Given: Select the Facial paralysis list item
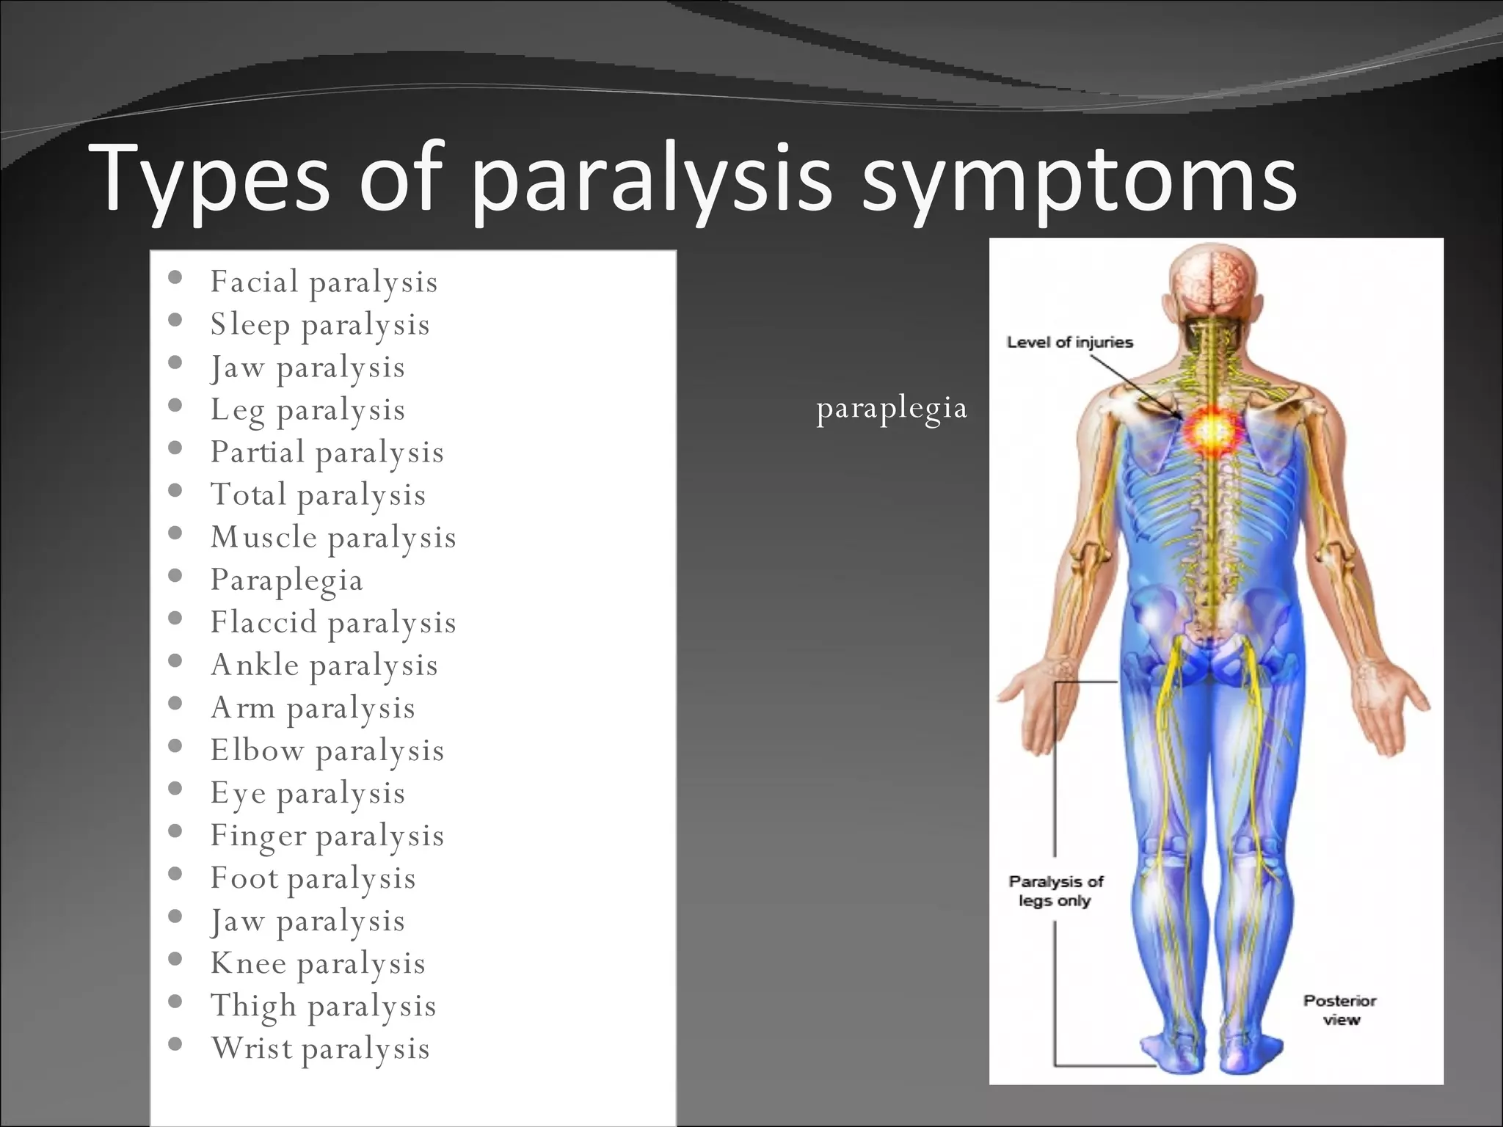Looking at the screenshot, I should point(324,282).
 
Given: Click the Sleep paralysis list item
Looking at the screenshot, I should point(320,325).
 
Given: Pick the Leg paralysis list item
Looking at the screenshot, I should point(307,410).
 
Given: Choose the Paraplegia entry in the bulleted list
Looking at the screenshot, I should point(286,580).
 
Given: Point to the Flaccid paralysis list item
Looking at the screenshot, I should point(333,623).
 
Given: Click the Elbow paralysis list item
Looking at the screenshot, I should point(327,751).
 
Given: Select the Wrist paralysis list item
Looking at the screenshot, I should point(320,1048).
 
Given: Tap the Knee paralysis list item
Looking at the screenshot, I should point(318,963).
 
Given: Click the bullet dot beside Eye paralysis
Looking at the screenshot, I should point(175,789).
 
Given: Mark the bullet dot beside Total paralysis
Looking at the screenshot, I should point(175,491).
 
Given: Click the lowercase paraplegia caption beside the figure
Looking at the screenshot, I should point(892,409).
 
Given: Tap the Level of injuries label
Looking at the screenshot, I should point(1069,343).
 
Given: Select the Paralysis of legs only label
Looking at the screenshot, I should point(1055,891).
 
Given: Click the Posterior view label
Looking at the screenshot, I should point(1339,1010).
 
